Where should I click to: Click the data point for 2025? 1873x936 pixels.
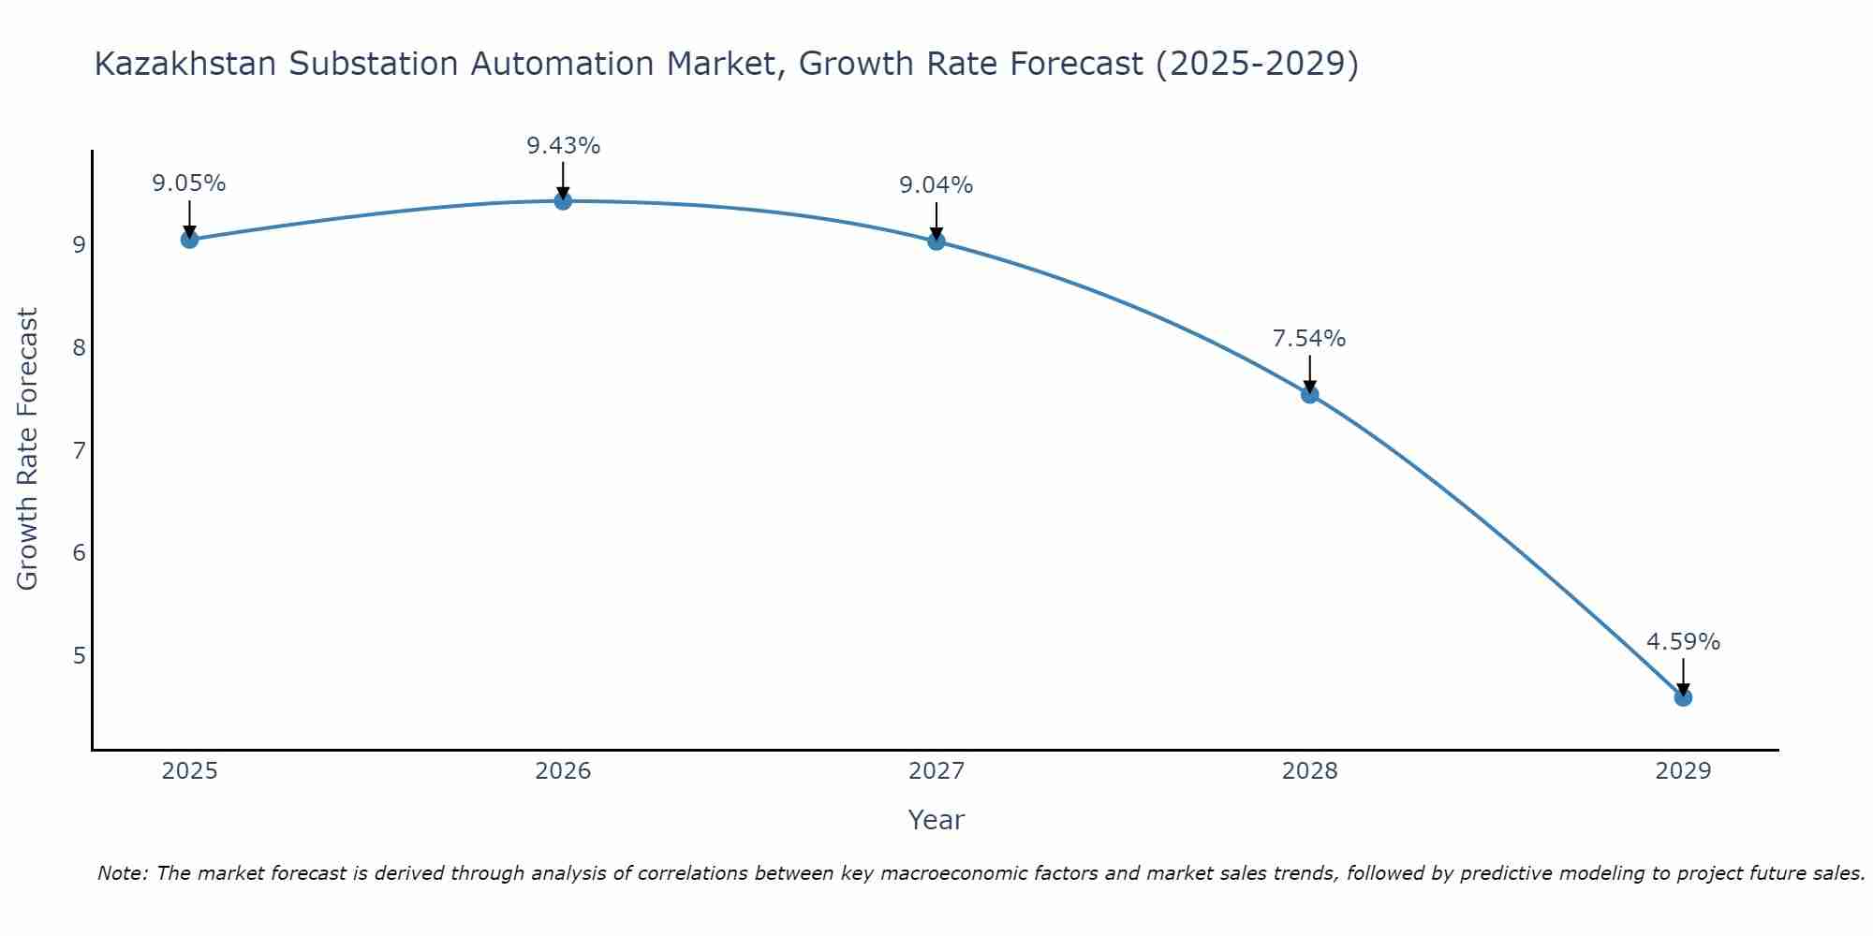pos(189,240)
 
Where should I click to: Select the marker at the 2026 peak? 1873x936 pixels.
pos(563,201)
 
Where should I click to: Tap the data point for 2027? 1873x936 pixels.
pos(936,241)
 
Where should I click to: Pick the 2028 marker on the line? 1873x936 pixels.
pos(1309,395)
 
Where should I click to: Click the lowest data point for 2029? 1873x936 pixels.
pos(1683,697)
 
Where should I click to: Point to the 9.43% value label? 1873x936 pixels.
pos(563,146)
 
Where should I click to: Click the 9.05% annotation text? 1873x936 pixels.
pos(189,183)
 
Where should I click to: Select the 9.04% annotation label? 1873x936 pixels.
pos(936,185)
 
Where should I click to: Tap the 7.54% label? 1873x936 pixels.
pos(1309,339)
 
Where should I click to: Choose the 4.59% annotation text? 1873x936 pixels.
pos(1683,642)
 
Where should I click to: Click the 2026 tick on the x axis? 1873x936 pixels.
pos(563,771)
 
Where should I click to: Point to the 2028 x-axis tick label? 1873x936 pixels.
pos(1309,771)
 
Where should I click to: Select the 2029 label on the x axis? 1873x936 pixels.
pos(1683,771)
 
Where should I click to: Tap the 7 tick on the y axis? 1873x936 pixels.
pos(80,451)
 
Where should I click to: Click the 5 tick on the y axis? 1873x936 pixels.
pos(80,656)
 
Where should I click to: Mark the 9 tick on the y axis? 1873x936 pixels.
pos(80,245)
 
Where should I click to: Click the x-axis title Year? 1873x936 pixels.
pos(936,820)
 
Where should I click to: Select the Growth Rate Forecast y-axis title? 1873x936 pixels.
pos(28,449)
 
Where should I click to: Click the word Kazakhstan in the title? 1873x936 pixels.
pos(186,64)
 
